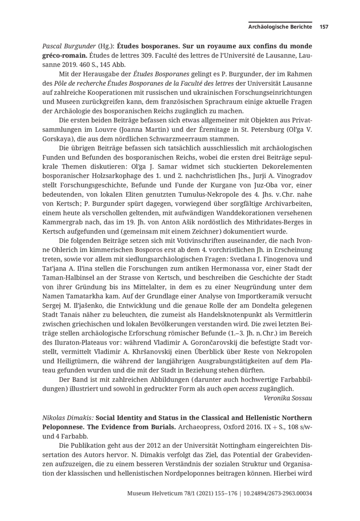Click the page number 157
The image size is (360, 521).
pos(324,27)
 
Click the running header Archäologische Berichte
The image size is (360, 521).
pos(280,27)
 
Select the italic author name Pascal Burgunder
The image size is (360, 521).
pos(65,47)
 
